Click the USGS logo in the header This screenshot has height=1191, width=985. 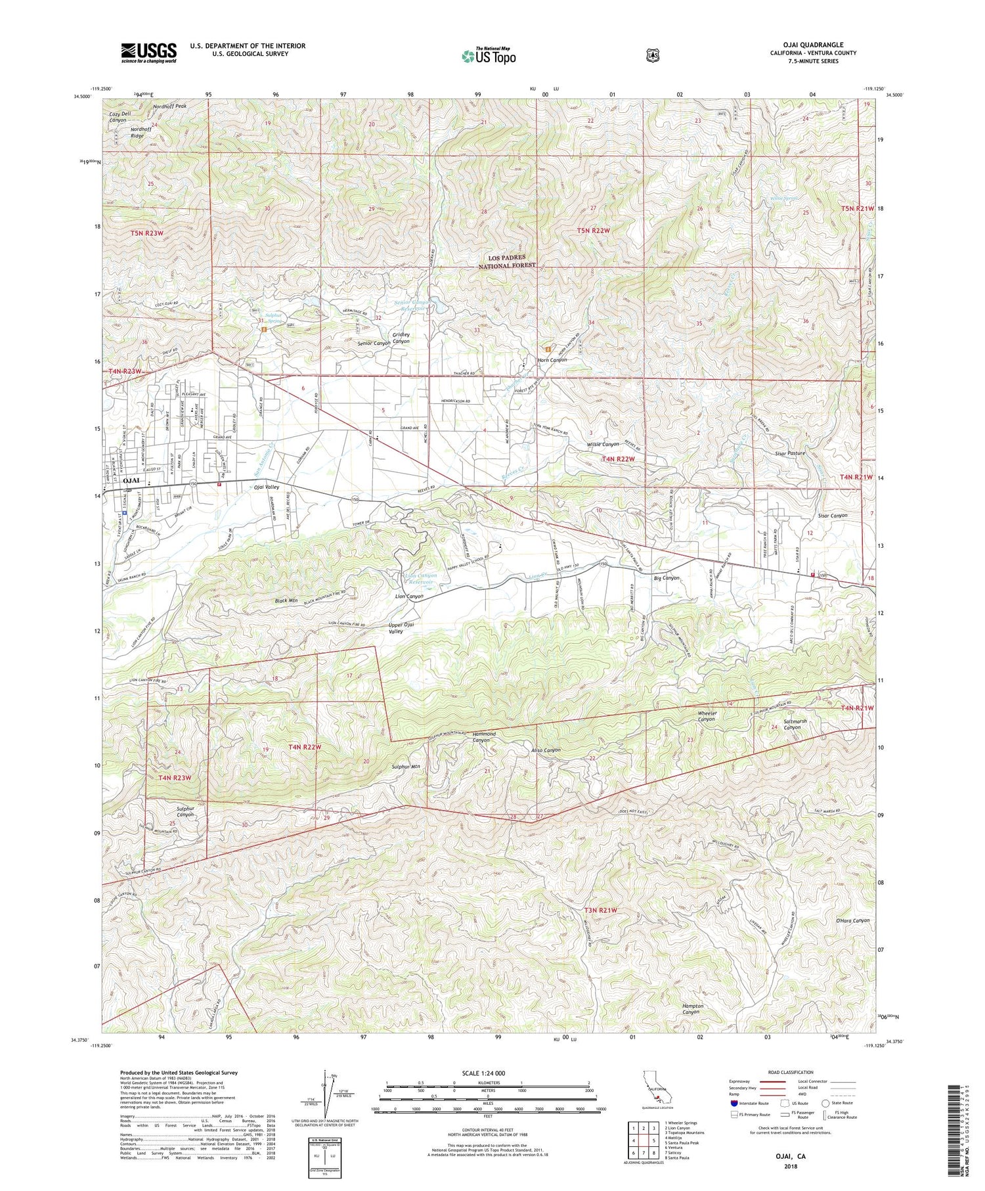coord(148,53)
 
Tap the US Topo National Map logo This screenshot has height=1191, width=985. coord(489,56)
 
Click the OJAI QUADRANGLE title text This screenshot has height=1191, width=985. coord(812,45)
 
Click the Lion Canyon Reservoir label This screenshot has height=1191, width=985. coord(419,579)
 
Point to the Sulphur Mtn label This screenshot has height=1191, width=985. coord(405,767)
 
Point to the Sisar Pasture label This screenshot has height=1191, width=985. coord(789,453)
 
